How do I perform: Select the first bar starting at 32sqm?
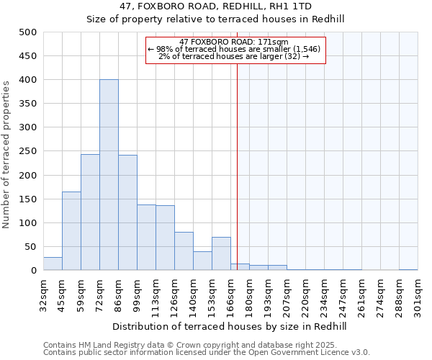[x=53, y=264]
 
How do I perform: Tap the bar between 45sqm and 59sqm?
[x=71, y=230]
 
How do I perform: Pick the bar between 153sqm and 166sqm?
[x=221, y=253]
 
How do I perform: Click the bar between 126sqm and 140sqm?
[x=184, y=251]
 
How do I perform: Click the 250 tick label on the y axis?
[x=27, y=151]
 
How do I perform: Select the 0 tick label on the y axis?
[x=33, y=271]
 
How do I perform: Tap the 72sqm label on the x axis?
[x=99, y=294]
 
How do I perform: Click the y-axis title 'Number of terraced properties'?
[x=7, y=154]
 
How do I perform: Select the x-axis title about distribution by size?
[x=230, y=327]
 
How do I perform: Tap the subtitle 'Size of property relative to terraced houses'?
[x=215, y=20]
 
